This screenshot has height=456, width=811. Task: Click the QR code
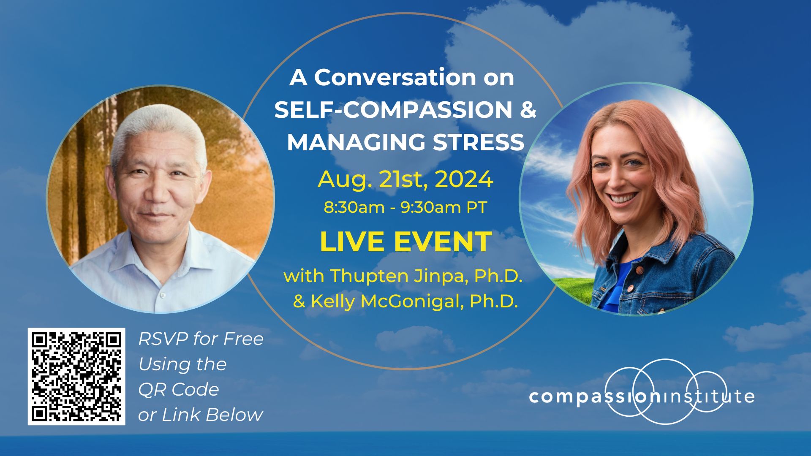coord(76,376)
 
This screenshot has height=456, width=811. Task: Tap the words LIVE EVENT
coord(405,242)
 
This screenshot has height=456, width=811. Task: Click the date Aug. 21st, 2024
coord(405,179)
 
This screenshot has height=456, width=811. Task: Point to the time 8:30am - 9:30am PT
coord(405,207)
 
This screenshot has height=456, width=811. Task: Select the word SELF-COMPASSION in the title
coord(392,110)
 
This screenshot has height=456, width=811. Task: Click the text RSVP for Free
coord(201,339)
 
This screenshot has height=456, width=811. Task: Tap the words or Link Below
coord(200,415)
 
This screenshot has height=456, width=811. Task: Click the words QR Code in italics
coord(179,389)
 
